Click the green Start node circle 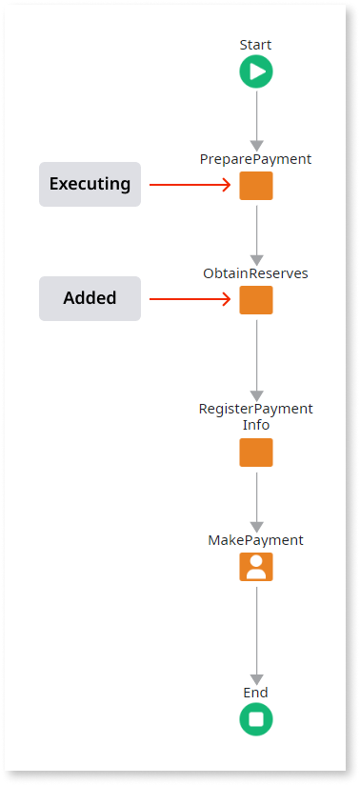(x=255, y=71)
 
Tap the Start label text (x=255, y=45)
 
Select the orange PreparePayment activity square (x=255, y=186)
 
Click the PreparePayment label (x=255, y=159)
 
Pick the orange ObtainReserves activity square (x=255, y=300)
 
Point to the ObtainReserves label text (x=255, y=273)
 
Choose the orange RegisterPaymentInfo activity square (x=255, y=453)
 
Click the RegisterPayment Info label (x=255, y=416)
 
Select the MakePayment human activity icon (x=255, y=567)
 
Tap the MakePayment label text (x=255, y=540)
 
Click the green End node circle (x=255, y=719)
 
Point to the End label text (x=255, y=693)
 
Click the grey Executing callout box (x=90, y=184)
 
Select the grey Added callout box (x=90, y=298)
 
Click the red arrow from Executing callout (x=190, y=185)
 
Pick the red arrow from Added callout (x=190, y=299)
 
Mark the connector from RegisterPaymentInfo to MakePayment (x=256, y=499)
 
